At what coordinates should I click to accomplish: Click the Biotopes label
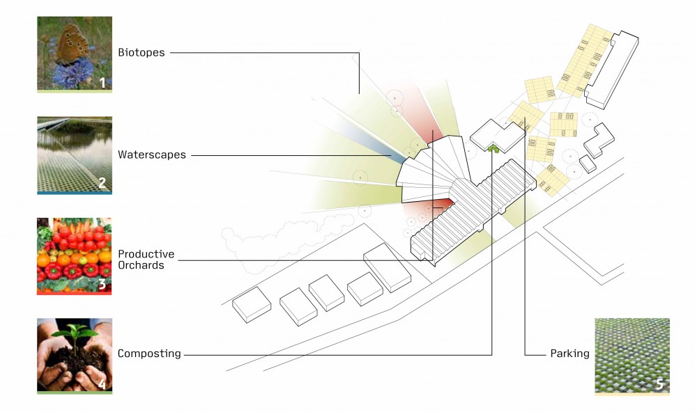click(x=141, y=52)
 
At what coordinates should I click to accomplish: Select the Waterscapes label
click(x=152, y=154)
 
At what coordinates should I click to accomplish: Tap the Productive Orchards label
click(x=146, y=260)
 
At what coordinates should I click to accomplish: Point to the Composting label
click(x=149, y=354)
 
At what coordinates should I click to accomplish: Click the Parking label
click(x=570, y=354)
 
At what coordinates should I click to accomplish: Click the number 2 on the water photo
click(x=102, y=182)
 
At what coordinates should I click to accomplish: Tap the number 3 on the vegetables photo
click(x=102, y=283)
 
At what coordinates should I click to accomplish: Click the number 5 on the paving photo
click(x=659, y=383)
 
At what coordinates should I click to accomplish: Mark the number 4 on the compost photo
click(x=102, y=383)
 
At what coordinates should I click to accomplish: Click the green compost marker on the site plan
click(x=493, y=149)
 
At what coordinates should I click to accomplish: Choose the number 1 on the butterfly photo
click(x=102, y=83)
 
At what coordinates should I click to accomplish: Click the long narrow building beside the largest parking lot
click(x=612, y=70)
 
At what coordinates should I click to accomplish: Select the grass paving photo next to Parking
click(x=632, y=356)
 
